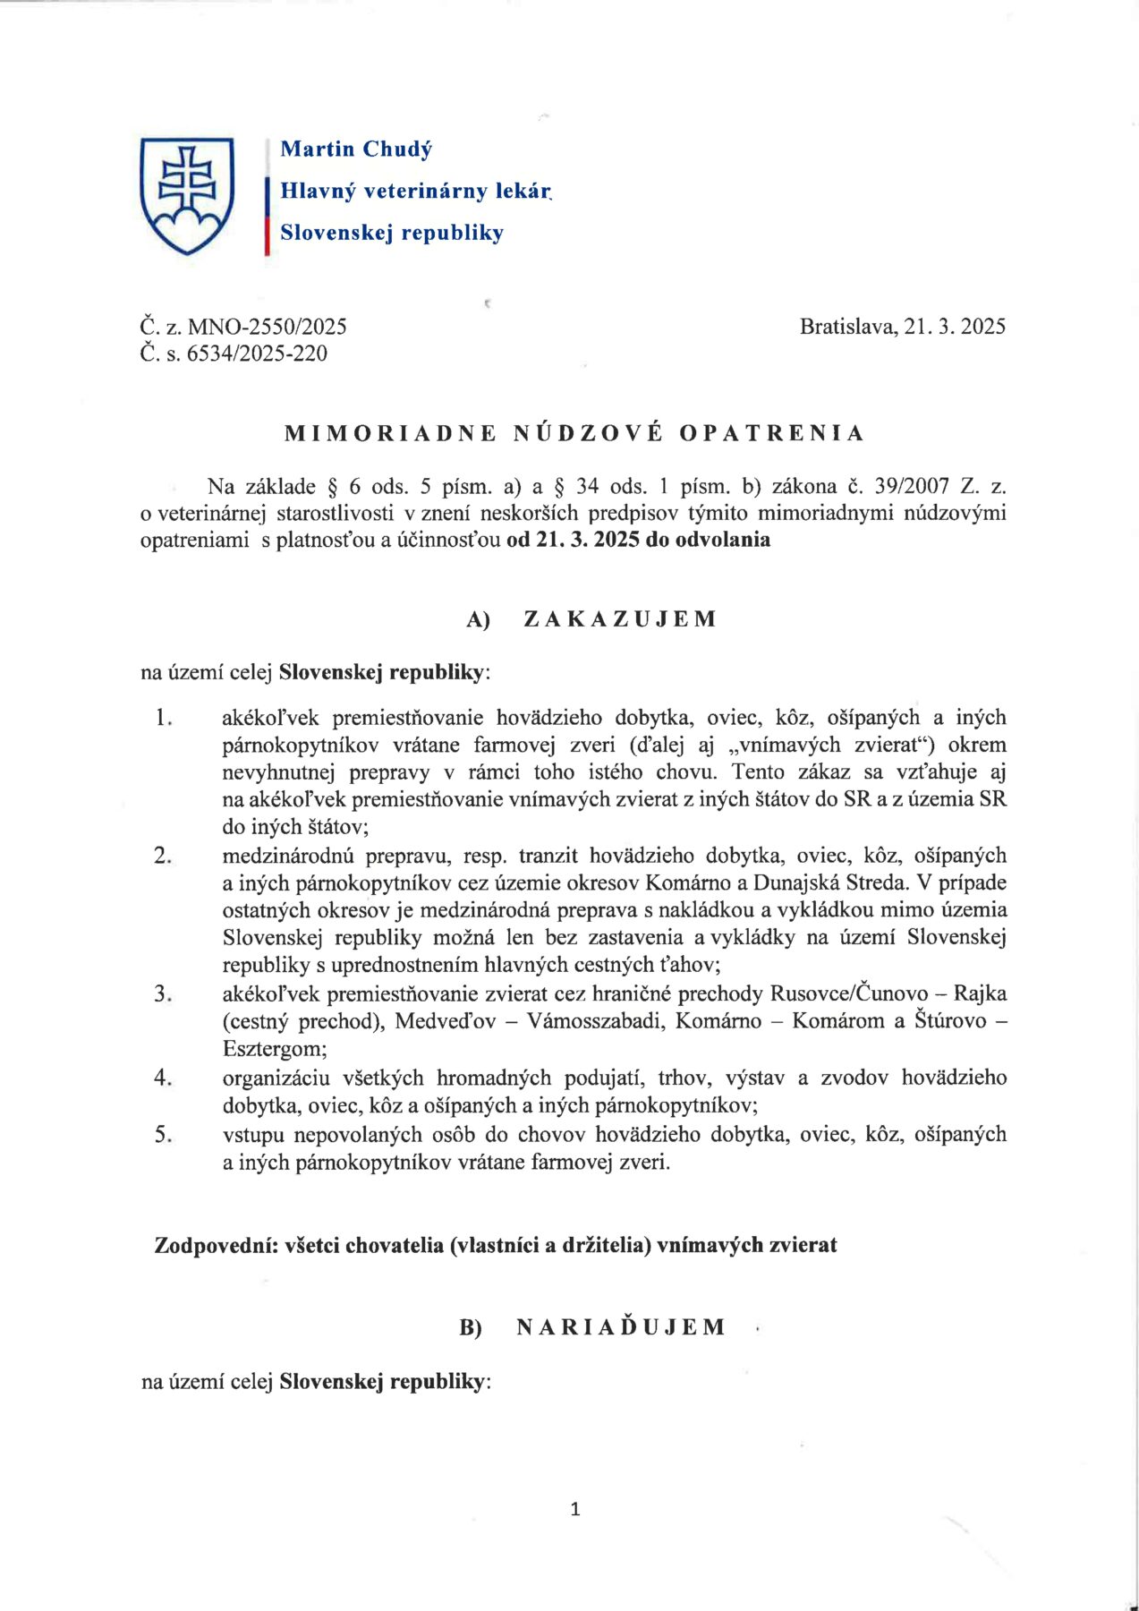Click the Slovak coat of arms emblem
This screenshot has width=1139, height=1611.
click(187, 194)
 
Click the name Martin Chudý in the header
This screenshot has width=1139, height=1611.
click(356, 149)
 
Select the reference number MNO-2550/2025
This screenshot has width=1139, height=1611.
click(267, 327)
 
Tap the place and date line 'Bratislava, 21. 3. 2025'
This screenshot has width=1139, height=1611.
click(902, 327)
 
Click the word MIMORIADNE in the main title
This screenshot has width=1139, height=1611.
click(390, 434)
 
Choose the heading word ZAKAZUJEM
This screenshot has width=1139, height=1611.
click(619, 619)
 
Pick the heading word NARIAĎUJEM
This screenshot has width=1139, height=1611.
click(621, 1327)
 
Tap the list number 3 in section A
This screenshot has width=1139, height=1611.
click(162, 994)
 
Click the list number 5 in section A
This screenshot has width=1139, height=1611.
click(162, 1135)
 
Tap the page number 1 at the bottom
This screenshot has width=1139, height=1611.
click(575, 1510)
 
